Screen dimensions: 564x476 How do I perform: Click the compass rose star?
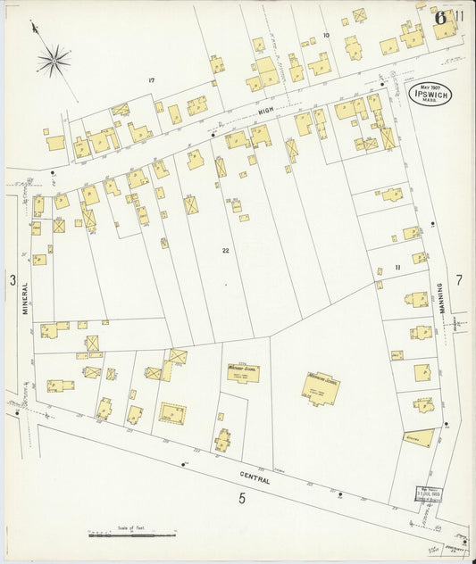pyautogui.click(x=54, y=61)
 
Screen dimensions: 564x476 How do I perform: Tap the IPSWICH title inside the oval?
pyautogui.click(x=430, y=94)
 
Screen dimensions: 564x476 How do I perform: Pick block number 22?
pyautogui.click(x=226, y=251)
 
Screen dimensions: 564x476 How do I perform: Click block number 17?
pyautogui.click(x=152, y=81)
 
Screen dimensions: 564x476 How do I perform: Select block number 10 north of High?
pyautogui.click(x=326, y=36)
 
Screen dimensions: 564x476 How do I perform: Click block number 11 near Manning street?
pyautogui.click(x=398, y=268)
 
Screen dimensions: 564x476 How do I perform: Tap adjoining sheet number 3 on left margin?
pyautogui.click(x=13, y=281)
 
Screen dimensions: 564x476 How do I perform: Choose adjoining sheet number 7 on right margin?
pyautogui.click(x=459, y=280)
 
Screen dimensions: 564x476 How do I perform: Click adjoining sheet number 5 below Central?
pyautogui.click(x=241, y=499)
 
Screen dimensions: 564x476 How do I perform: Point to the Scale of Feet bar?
pyautogui.click(x=131, y=535)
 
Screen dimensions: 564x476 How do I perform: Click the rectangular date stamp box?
pyautogui.click(x=430, y=493)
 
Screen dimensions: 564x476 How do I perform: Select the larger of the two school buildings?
pyautogui.click(x=320, y=388)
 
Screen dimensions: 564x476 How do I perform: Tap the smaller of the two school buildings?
pyautogui.click(x=243, y=373)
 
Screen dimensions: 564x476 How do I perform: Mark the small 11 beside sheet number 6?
pyautogui.click(x=458, y=16)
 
